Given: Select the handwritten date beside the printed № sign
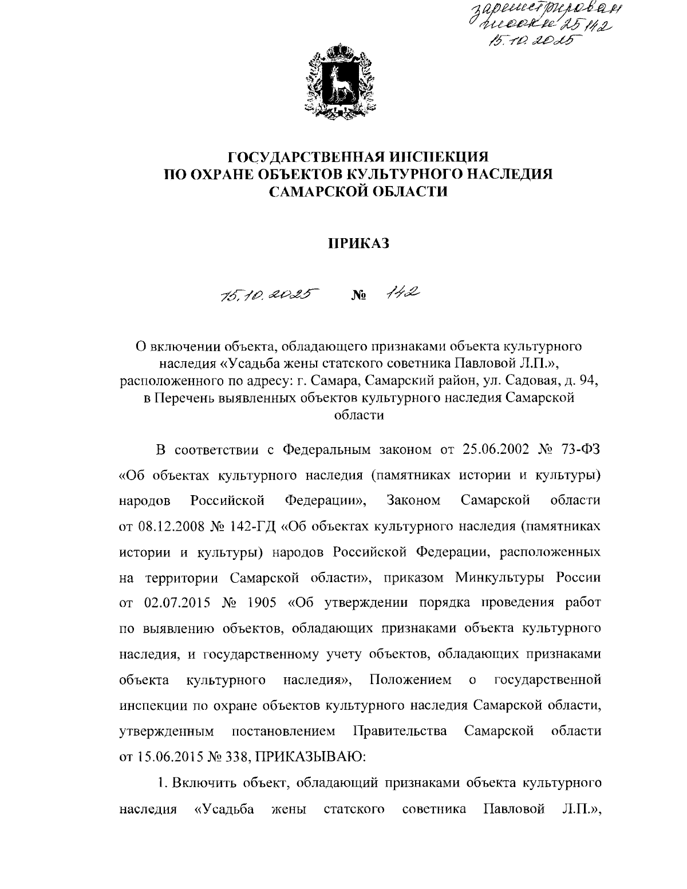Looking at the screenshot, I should point(269,295).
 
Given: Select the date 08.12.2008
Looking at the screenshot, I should point(168,527).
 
